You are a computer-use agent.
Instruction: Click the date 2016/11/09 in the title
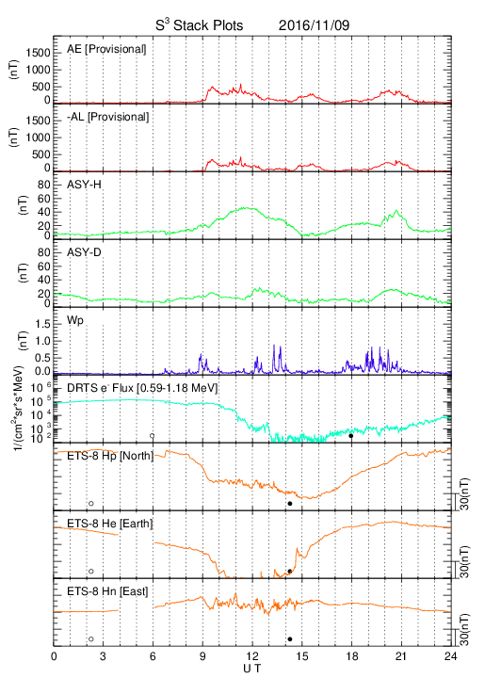tap(314, 25)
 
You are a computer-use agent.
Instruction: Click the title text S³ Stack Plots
tap(200, 25)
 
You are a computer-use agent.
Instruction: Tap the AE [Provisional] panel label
tap(106, 49)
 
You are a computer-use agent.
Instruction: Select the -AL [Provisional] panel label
tap(108, 117)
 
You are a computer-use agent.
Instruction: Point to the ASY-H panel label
tap(84, 185)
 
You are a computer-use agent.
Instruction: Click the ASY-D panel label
tap(84, 252)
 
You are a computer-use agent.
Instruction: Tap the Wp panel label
tap(75, 321)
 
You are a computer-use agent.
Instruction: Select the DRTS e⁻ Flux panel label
tap(142, 388)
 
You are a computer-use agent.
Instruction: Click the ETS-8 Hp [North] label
tap(110, 456)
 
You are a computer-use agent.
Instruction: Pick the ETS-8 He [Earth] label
tap(110, 524)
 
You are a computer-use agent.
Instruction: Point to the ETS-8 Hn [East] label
tap(107, 591)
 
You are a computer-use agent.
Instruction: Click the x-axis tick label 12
tap(252, 656)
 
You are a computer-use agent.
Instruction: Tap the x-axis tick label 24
tap(450, 656)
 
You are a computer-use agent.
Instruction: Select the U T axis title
tap(252, 669)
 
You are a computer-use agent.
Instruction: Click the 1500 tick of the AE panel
tap(38, 53)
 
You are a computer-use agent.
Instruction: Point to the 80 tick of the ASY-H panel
tap(44, 186)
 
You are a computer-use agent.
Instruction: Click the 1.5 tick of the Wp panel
tap(43, 324)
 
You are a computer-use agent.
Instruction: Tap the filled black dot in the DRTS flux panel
tap(351, 436)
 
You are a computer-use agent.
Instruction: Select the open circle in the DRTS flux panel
tap(153, 436)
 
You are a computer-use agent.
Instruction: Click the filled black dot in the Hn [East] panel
tap(290, 639)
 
